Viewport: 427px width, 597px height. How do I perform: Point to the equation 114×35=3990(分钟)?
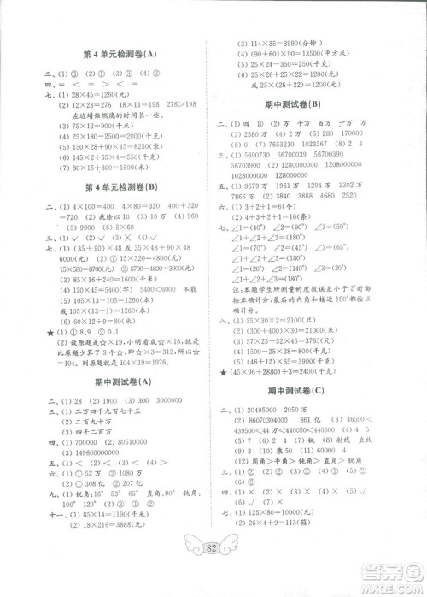click(x=292, y=42)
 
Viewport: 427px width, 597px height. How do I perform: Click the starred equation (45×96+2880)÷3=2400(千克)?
click(x=309, y=373)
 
